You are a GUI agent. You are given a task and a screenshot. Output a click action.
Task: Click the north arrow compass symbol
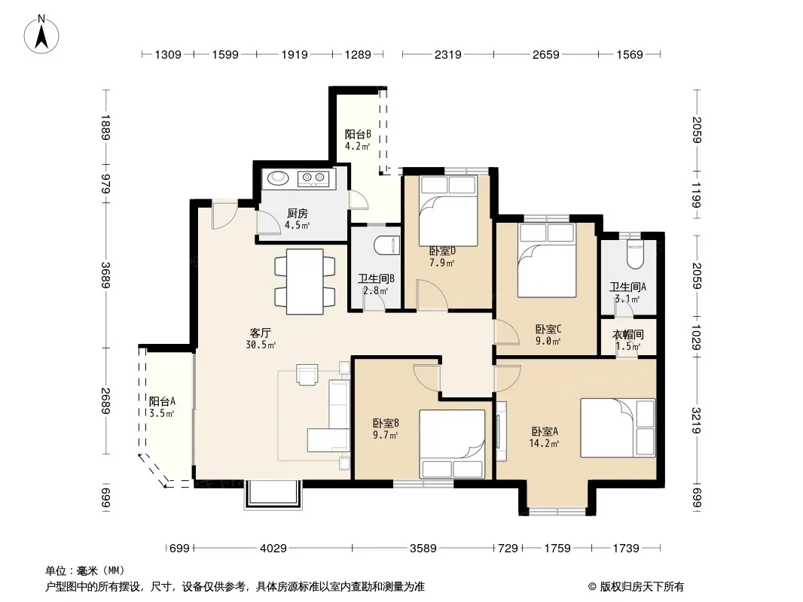41,34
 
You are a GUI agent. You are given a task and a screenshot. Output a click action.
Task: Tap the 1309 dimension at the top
168,54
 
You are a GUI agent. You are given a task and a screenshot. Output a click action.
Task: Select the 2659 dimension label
546,54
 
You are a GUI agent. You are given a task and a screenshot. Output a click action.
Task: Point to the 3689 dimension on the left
105,275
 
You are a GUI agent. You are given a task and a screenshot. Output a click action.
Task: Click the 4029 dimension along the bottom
273,549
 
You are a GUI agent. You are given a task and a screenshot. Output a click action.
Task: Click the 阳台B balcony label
358,135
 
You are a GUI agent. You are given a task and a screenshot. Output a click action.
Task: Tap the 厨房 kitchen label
298,214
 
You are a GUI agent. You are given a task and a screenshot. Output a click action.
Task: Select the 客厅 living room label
260,333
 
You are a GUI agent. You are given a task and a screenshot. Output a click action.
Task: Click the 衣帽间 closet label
627,335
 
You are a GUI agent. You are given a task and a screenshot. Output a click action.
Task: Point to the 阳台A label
163,402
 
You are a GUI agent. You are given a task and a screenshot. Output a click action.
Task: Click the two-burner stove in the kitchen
313,178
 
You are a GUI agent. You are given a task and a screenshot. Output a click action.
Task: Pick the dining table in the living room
305,281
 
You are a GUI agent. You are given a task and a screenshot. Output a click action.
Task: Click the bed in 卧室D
448,211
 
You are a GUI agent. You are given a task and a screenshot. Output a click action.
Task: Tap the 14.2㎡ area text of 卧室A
544,443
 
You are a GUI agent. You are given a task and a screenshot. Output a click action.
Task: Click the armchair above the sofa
307,374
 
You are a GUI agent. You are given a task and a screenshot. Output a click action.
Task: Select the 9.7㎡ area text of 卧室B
386,435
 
